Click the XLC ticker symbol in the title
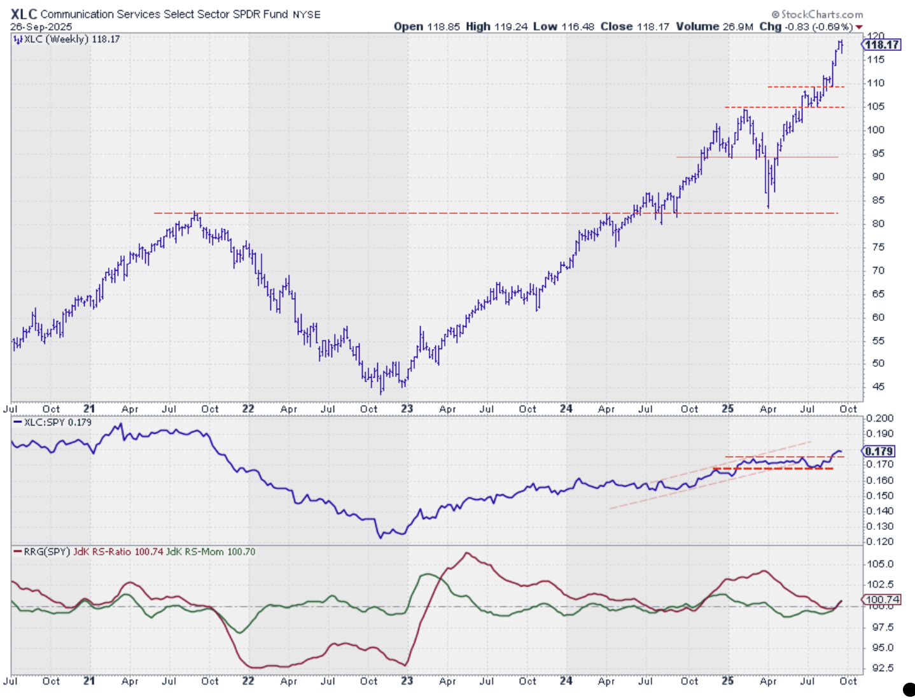point(24,13)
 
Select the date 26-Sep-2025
point(41,27)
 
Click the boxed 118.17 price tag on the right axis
point(881,45)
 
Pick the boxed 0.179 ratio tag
point(879,452)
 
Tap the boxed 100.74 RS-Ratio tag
point(881,599)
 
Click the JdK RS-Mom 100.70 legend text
point(211,552)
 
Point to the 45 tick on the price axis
point(878,387)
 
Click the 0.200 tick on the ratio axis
point(880,418)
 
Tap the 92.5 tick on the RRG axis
point(881,668)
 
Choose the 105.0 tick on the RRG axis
point(881,564)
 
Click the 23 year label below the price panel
point(407,409)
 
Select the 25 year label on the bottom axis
point(727,681)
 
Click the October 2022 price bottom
point(381,392)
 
